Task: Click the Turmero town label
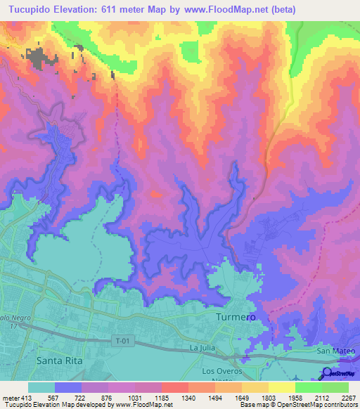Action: click(234, 318)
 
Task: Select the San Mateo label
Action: click(333, 351)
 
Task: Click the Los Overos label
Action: click(221, 370)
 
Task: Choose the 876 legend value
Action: click(108, 397)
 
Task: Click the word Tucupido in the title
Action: click(28, 10)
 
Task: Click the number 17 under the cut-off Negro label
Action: click(13, 325)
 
